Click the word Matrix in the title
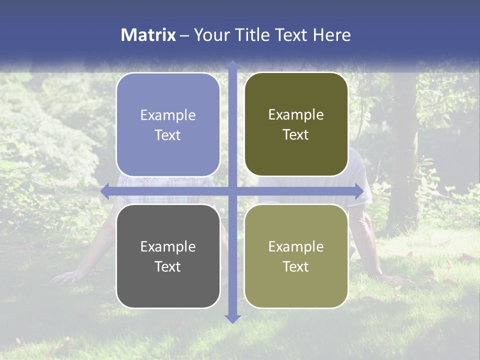148,35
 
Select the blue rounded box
168,124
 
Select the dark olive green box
296,124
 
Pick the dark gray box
168,256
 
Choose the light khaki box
296,256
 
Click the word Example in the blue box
168,115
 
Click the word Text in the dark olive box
296,135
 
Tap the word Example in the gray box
168,246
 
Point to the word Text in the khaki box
296,266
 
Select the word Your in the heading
211,35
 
